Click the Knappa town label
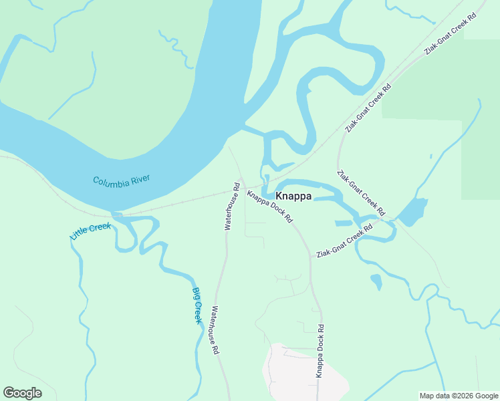(293, 196)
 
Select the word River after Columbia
(142, 178)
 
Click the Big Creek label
(197, 305)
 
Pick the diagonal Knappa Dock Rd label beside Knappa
(270, 207)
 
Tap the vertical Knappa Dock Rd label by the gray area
(320, 351)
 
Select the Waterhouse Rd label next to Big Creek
(215, 329)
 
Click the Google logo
(22, 393)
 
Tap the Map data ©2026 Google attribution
(459, 396)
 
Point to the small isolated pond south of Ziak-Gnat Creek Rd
(376, 281)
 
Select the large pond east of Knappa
(412, 212)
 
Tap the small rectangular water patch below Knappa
(342, 223)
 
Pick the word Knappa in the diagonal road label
(259, 200)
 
